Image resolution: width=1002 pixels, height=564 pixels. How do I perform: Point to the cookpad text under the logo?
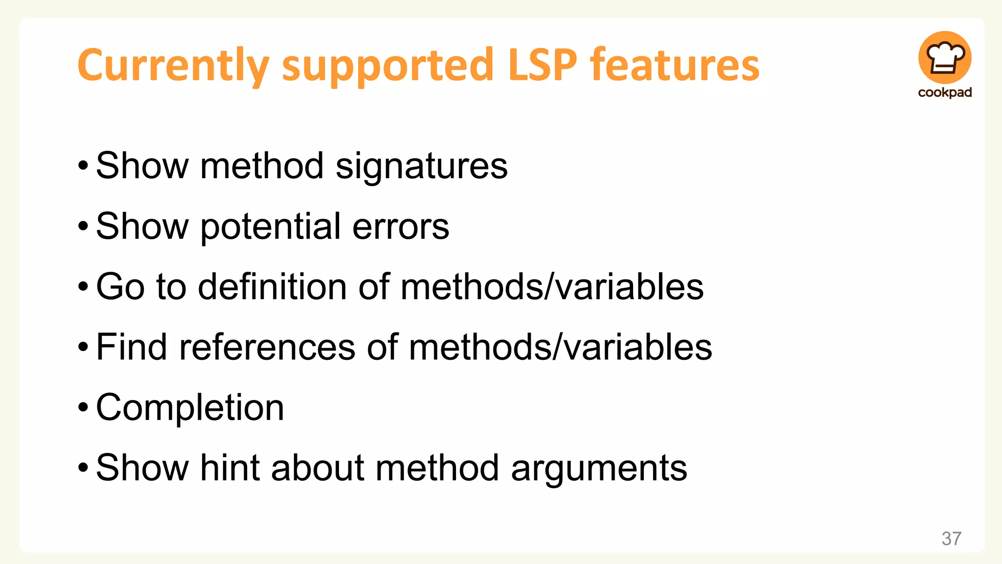(945, 93)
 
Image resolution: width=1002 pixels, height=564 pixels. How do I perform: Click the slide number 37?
(951, 539)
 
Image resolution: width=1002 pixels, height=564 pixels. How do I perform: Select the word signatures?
(422, 166)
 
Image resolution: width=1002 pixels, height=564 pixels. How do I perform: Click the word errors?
(400, 227)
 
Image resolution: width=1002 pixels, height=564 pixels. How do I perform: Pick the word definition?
(272, 286)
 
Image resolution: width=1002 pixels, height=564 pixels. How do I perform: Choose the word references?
(267, 347)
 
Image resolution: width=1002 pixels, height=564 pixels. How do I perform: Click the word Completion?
(190, 407)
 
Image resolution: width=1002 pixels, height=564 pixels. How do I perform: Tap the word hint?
(229, 468)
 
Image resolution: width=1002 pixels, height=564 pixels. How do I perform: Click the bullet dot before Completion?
(83, 407)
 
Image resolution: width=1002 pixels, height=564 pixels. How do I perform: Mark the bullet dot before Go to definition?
(83, 287)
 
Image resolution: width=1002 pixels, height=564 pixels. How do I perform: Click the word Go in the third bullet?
(120, 287)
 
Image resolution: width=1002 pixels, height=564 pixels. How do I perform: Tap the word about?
(318, 468)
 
